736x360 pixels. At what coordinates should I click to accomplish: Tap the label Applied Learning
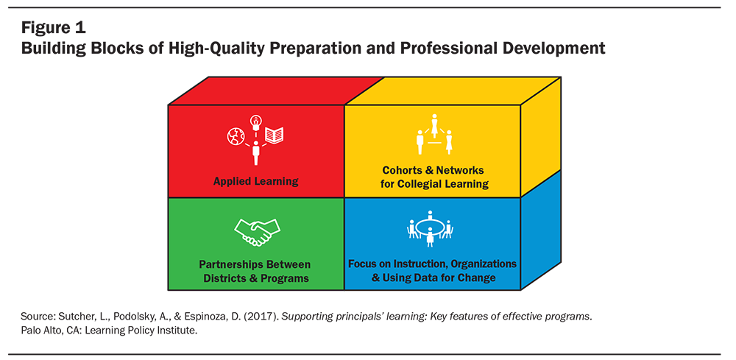256,181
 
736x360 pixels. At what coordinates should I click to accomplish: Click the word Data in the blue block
427,278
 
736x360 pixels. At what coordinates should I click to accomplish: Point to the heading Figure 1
53,28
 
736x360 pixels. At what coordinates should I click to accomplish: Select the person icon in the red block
256,153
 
